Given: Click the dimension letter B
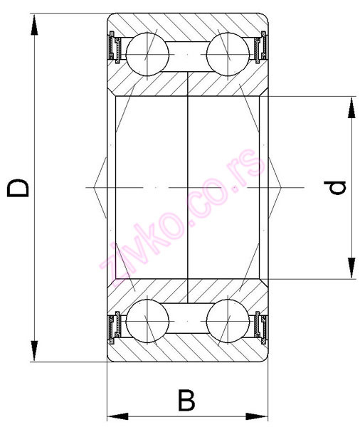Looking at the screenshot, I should coord(186,401).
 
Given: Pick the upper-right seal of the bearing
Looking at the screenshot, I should coord(260,49).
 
